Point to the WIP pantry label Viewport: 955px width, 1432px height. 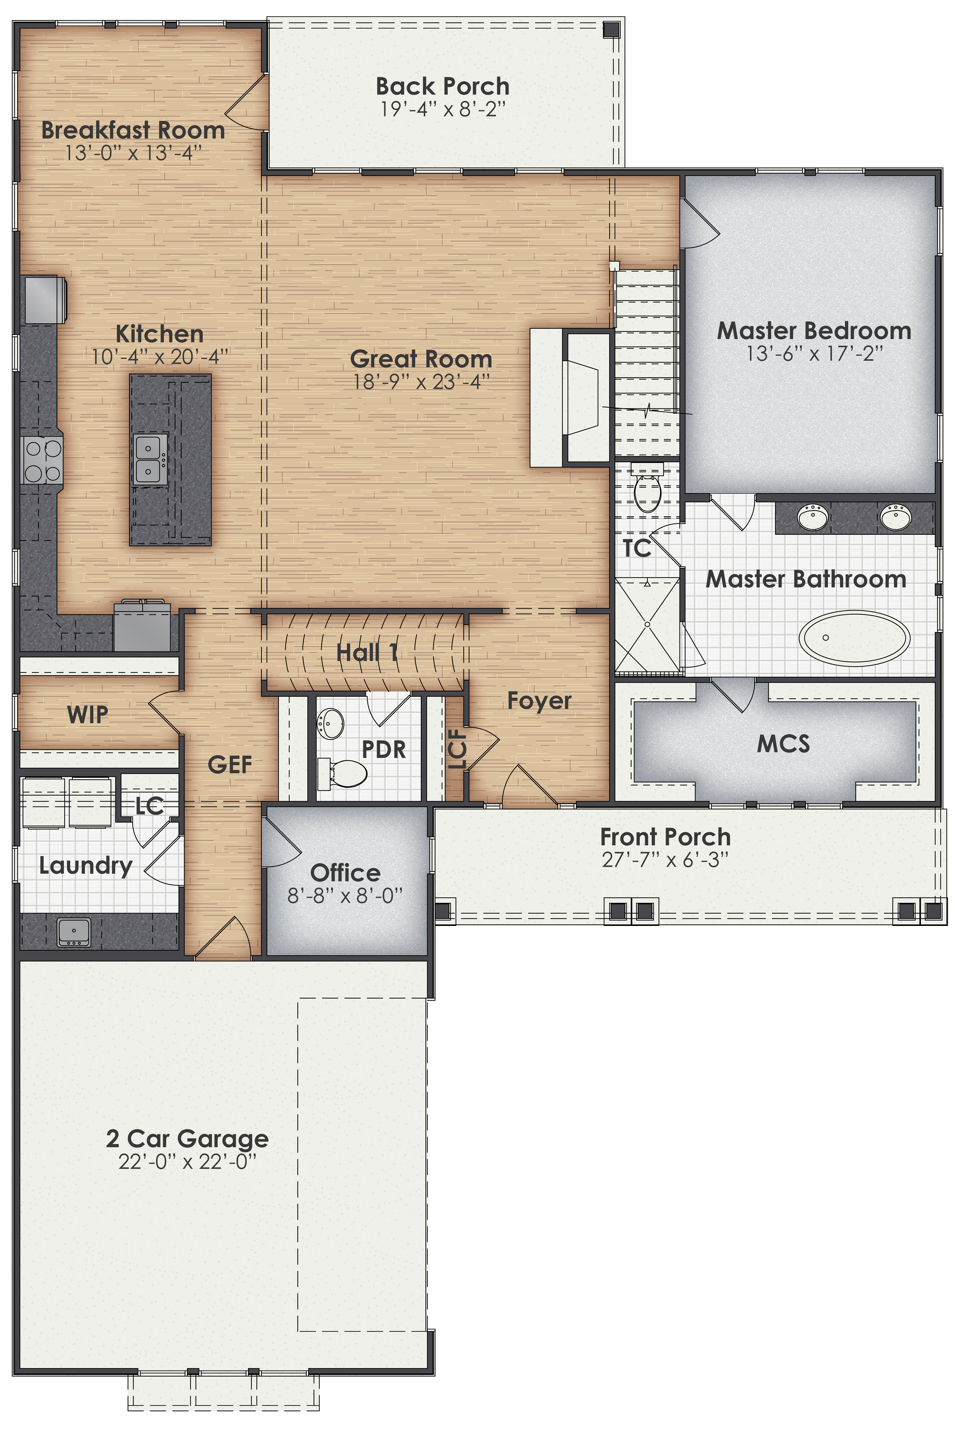click(x=88, y=714)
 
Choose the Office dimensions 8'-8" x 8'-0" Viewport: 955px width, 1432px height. click(x=345, y=896)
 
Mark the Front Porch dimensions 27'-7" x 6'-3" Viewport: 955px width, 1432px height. click(x=665, y=860)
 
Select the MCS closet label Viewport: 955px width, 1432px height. click(x=783, y=743)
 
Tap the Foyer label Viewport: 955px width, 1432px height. click(x=539, y=701)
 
